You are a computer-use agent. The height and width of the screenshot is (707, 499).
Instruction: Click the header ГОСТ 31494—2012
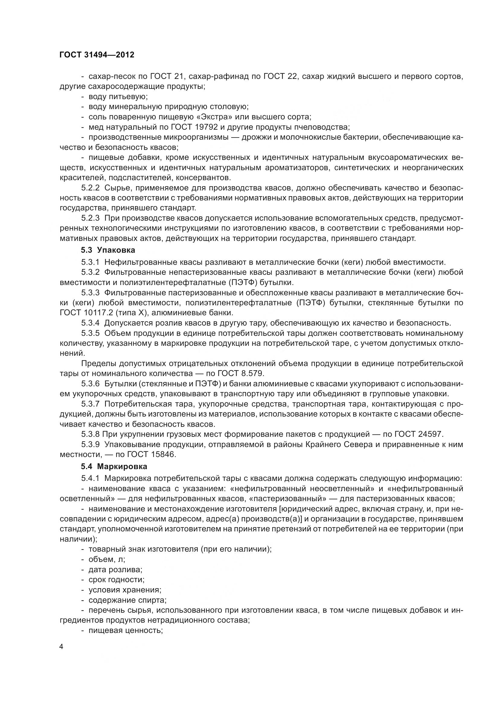click(x=97, y=55)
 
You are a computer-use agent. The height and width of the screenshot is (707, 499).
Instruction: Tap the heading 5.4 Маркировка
click(x=114, y=466)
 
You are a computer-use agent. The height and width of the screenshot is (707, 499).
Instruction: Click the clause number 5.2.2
click(x=90, y=188)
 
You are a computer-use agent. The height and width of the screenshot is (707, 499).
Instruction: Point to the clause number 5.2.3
click(x=90, y=218)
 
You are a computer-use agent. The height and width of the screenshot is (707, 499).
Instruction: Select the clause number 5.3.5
click(x=90, y=333)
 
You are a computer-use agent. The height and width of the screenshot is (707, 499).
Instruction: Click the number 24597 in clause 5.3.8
click(x=431, y=434)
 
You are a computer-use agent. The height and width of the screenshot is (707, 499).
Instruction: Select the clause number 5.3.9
click(x=90, y=444)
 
